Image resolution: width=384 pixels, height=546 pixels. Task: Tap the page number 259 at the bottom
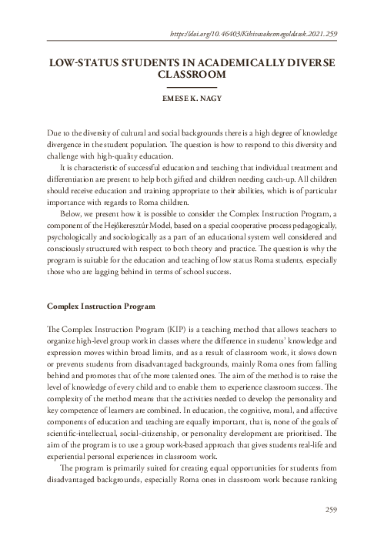pyautogui.click(x=329, y=531)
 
